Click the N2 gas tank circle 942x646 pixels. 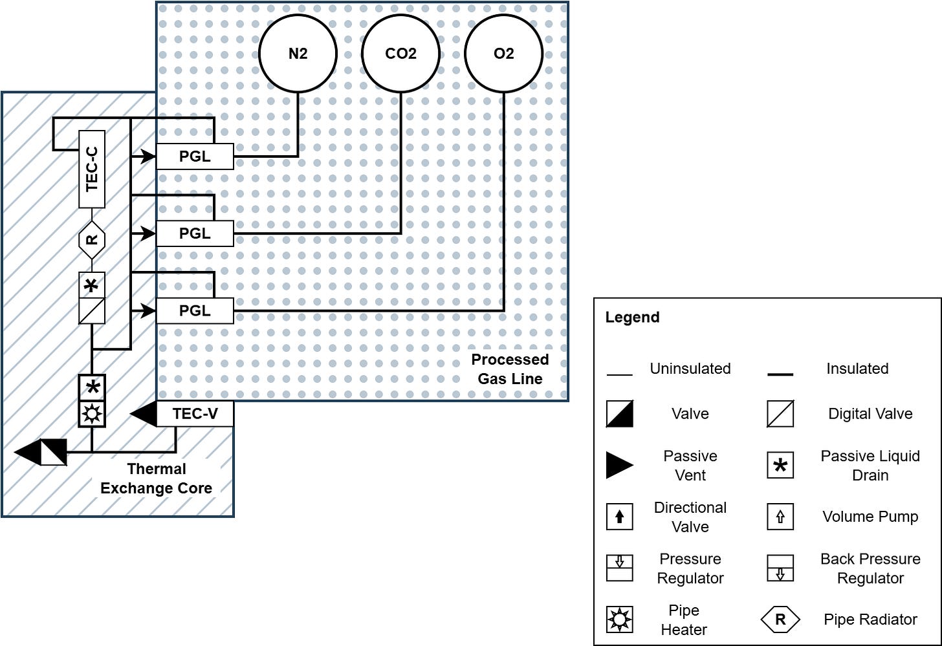(x=298, y=54)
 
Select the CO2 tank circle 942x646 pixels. (x=400, y=54)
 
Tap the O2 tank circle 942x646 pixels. (x=503, y=54)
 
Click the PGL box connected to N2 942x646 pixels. (x=195, y=156)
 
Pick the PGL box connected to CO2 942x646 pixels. (x=195, y=233)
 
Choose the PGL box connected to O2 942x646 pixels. (x=195, y=311)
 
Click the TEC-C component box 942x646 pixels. (x=92, y=169)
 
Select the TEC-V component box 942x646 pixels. (x=195, y=414)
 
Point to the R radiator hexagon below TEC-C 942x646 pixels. (x=92, y=240)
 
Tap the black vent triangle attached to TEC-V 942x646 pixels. (x=145, y=414)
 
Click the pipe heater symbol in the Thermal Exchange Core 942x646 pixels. (x=92, y=414)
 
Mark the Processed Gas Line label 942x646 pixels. (x=510, y=369)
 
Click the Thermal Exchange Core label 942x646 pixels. (x=157, y=479)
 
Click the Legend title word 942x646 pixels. (x=632, y=318)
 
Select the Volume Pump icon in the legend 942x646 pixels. (x=780, y=517)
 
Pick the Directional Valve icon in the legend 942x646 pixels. (x=619, y=517)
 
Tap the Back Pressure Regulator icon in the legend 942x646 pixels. (x=780, y=568)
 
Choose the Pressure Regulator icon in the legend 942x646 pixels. (x=619, y=568)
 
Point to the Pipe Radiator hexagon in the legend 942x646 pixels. (x=780, y=619)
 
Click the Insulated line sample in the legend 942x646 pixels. (x=780, y=374)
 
